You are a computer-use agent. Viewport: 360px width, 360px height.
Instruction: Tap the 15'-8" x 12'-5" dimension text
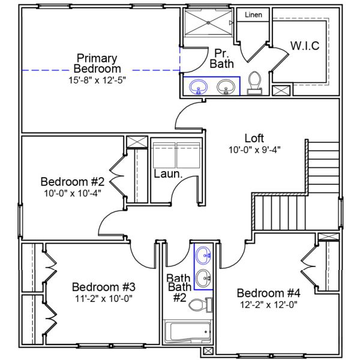pos(97,79)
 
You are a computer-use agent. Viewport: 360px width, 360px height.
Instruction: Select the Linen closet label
pos(253,14)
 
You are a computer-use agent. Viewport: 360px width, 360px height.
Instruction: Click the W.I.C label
pos(305,46)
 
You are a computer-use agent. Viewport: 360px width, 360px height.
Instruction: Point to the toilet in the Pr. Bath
pos(254,83)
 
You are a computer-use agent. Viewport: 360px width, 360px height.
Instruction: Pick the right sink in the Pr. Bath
pos(226,88)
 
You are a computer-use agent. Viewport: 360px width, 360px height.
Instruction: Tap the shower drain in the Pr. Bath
pos(208,22)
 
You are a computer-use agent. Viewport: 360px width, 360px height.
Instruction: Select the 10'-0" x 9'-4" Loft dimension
pos(254,149)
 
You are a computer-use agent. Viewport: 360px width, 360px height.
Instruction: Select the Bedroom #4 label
pos(268,293)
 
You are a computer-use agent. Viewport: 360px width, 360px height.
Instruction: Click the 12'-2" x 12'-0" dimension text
pos(268,304)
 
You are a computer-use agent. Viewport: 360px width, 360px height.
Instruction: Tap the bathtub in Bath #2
pos(187,332)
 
